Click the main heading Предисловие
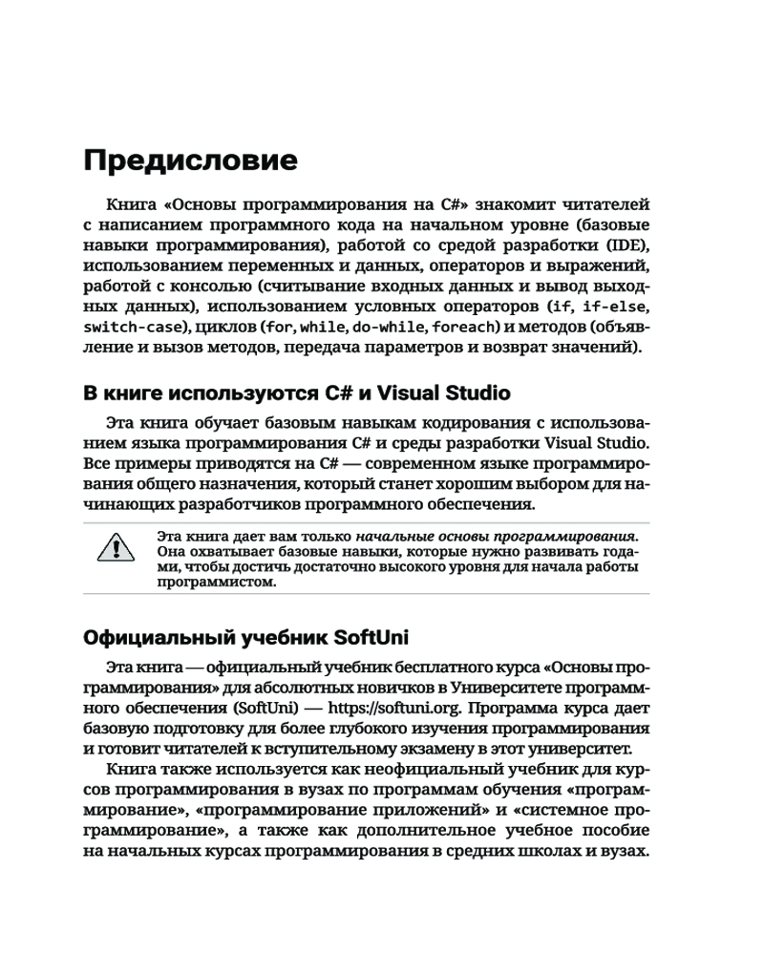coord(190,159)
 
